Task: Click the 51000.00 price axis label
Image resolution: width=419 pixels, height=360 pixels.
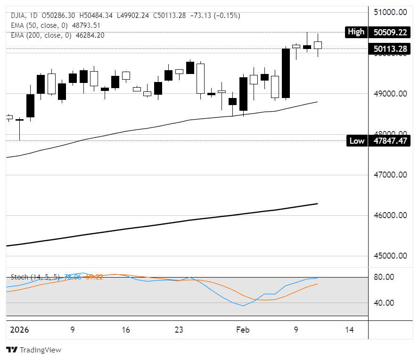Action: point(390,12)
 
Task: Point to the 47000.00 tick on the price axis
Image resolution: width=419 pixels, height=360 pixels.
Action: point(390,175)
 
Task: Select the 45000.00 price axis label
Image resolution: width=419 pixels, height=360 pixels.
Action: point(390,256)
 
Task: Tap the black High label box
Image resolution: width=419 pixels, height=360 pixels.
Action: point(356,32)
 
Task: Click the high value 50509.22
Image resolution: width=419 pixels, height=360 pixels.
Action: point(390,33)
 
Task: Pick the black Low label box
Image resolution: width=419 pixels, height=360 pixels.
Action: point(357,140)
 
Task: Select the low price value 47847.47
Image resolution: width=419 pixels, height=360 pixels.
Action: point(390,140)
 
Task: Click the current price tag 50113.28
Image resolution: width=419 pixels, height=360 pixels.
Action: point(390,48)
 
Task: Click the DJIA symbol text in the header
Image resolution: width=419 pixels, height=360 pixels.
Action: point(18,16)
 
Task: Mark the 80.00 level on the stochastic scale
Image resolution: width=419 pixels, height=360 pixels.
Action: point(384,277)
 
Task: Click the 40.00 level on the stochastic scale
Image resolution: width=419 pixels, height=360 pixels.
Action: point(384,303)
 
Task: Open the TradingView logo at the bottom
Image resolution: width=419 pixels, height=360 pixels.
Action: point(33,350)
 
